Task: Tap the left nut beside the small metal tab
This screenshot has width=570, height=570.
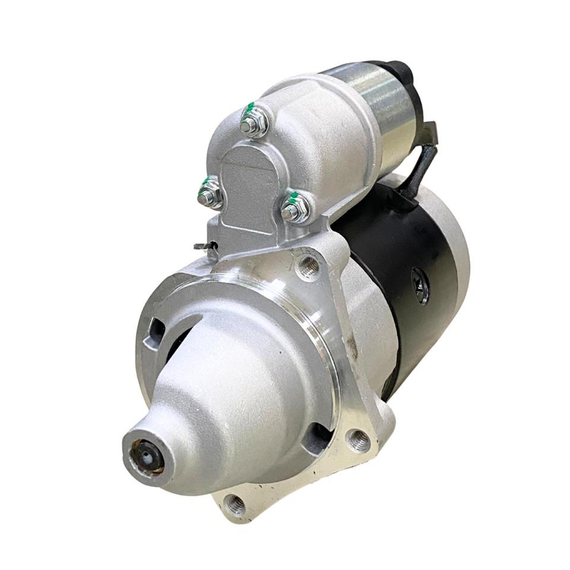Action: pyautogui.click(x=210, y=194)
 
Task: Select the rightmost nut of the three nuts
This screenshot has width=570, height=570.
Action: pyautogui.click(x=295, y=208)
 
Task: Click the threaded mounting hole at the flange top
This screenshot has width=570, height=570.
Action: pyautogui.click(x=309, y=267)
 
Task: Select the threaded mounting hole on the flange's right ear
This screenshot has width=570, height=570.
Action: pyautogui.click(x=359, y=440)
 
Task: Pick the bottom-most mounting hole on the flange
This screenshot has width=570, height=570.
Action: pyautogui.click(x=235, y=505)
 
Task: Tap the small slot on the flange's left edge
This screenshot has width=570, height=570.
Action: pyautogui.click(x=156, y=330)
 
